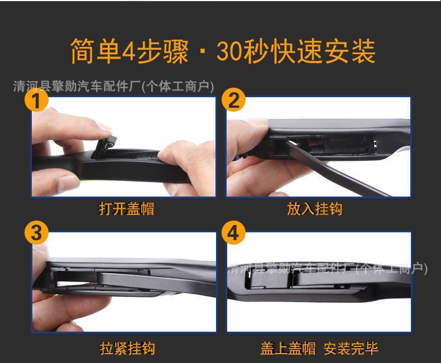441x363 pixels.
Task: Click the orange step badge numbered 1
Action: (x=36, y=100)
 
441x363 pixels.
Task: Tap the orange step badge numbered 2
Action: (x=233, y=100)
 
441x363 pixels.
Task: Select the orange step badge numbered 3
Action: (x=36, y=233)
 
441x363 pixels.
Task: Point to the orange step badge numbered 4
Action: (x=233, y=233)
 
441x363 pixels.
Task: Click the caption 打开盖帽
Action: (x=127, y=209)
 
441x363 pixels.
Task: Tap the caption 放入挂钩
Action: (x=315, y=209)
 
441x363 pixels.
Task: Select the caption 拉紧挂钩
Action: (x=127, y=348)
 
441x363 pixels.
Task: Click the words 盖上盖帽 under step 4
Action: (x=288, y=348)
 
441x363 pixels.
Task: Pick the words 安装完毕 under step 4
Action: (x=351, y=348)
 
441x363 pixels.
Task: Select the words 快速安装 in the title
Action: (x=324, y=51)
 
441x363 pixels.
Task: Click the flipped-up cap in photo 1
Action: (x=106, y=146)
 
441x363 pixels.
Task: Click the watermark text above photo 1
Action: (x=113, y=86)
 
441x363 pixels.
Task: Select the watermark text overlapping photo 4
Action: (x=328, y=269)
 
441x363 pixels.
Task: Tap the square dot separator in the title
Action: (x=203, y=52)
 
